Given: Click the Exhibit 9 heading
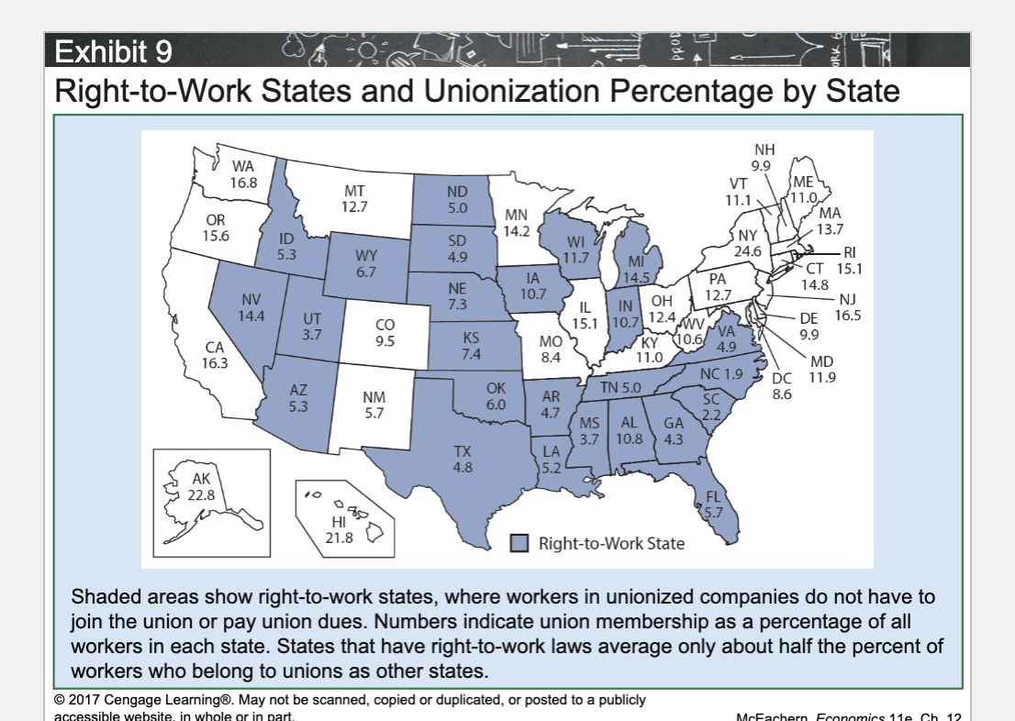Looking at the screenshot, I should [x=114, y=51].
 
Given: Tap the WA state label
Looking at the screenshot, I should [x=242, y=167].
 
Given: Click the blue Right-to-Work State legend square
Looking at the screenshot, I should [x=520, y=543].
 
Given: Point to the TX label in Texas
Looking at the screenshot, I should [x=463, y=451].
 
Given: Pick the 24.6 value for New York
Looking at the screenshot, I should [x=746, y=250].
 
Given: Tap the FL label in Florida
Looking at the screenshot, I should [x=713, y=496].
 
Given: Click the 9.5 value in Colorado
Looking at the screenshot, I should [x=385, y=340].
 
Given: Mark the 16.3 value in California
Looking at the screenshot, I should [x=214, y=362].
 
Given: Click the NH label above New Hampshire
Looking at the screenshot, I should [x=764, y=150].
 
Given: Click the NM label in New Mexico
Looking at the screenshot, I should [x=374, y=397].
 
